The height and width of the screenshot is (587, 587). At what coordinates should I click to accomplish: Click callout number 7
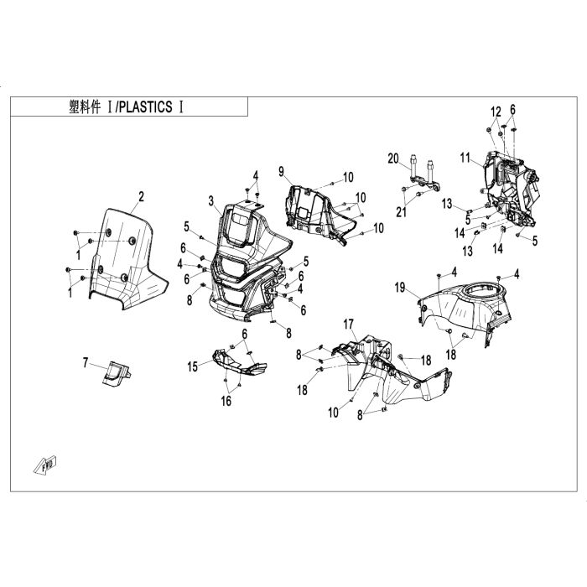point(85,362)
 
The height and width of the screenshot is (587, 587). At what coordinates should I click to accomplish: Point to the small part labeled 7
point(116,371)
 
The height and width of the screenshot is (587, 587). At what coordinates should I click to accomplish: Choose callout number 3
point(213,200)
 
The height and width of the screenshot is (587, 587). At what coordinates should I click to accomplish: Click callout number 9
point(283,171)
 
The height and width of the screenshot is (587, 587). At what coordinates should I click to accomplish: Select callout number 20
point(392,158)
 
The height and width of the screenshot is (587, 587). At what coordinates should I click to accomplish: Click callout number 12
point(496,112)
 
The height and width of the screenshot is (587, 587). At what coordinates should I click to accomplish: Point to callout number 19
point(400,287)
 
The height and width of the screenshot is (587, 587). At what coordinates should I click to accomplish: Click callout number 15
point(192,366)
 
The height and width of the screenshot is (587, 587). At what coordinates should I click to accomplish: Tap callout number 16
point(226,402)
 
